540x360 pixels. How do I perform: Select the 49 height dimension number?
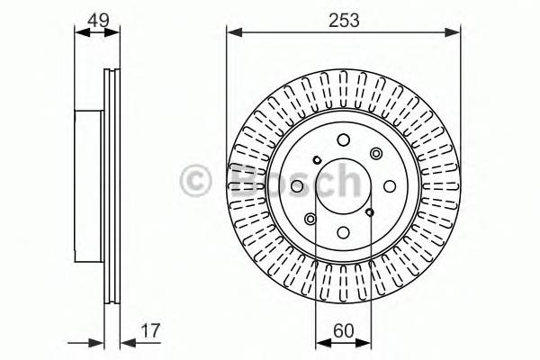96,19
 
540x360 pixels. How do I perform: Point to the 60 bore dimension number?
343,329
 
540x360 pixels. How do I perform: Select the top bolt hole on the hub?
344,139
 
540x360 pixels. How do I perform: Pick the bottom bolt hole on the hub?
344,232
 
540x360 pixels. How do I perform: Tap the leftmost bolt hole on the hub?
296,186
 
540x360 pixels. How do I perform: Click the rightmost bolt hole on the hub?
391,186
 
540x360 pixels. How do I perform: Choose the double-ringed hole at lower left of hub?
310,219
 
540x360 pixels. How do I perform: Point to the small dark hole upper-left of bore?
316,160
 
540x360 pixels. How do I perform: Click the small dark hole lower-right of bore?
371,212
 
